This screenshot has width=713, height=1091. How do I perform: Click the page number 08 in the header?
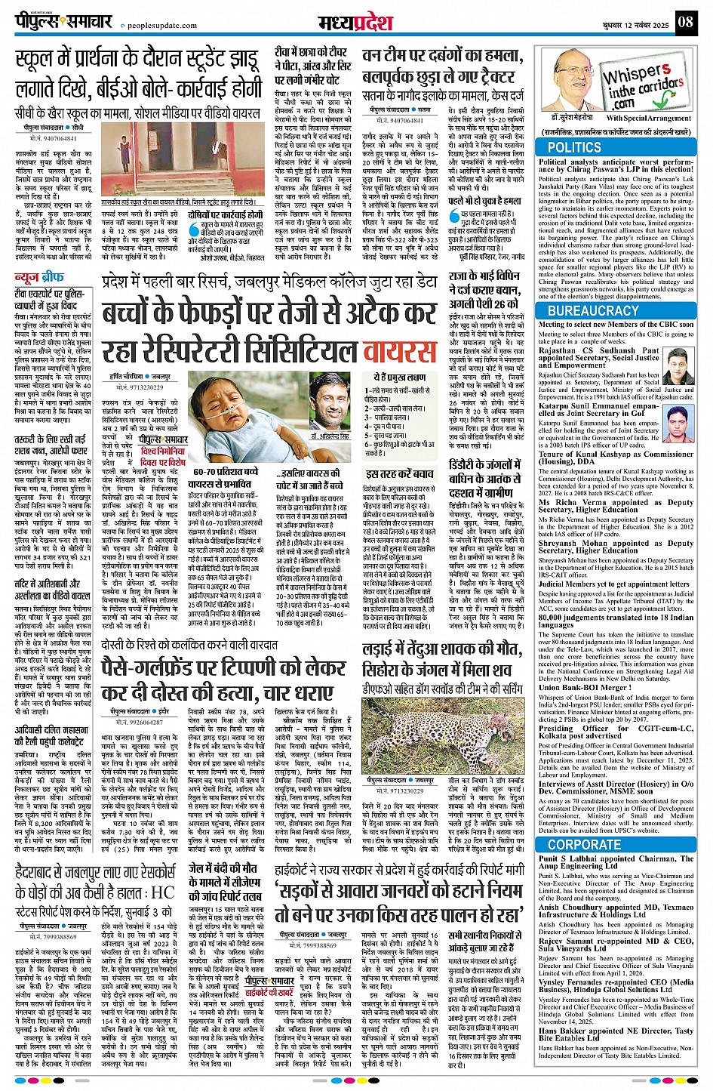[685, 22]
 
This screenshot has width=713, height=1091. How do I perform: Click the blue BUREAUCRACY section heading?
[593, 310]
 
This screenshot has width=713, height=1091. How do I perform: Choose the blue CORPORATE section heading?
[585, 845]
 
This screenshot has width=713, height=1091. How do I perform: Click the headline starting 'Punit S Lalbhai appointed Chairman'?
[616, 863]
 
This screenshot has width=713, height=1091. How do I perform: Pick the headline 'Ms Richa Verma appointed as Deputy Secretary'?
[616, 506]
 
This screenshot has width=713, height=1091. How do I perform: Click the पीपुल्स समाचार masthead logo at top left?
[64, 21]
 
